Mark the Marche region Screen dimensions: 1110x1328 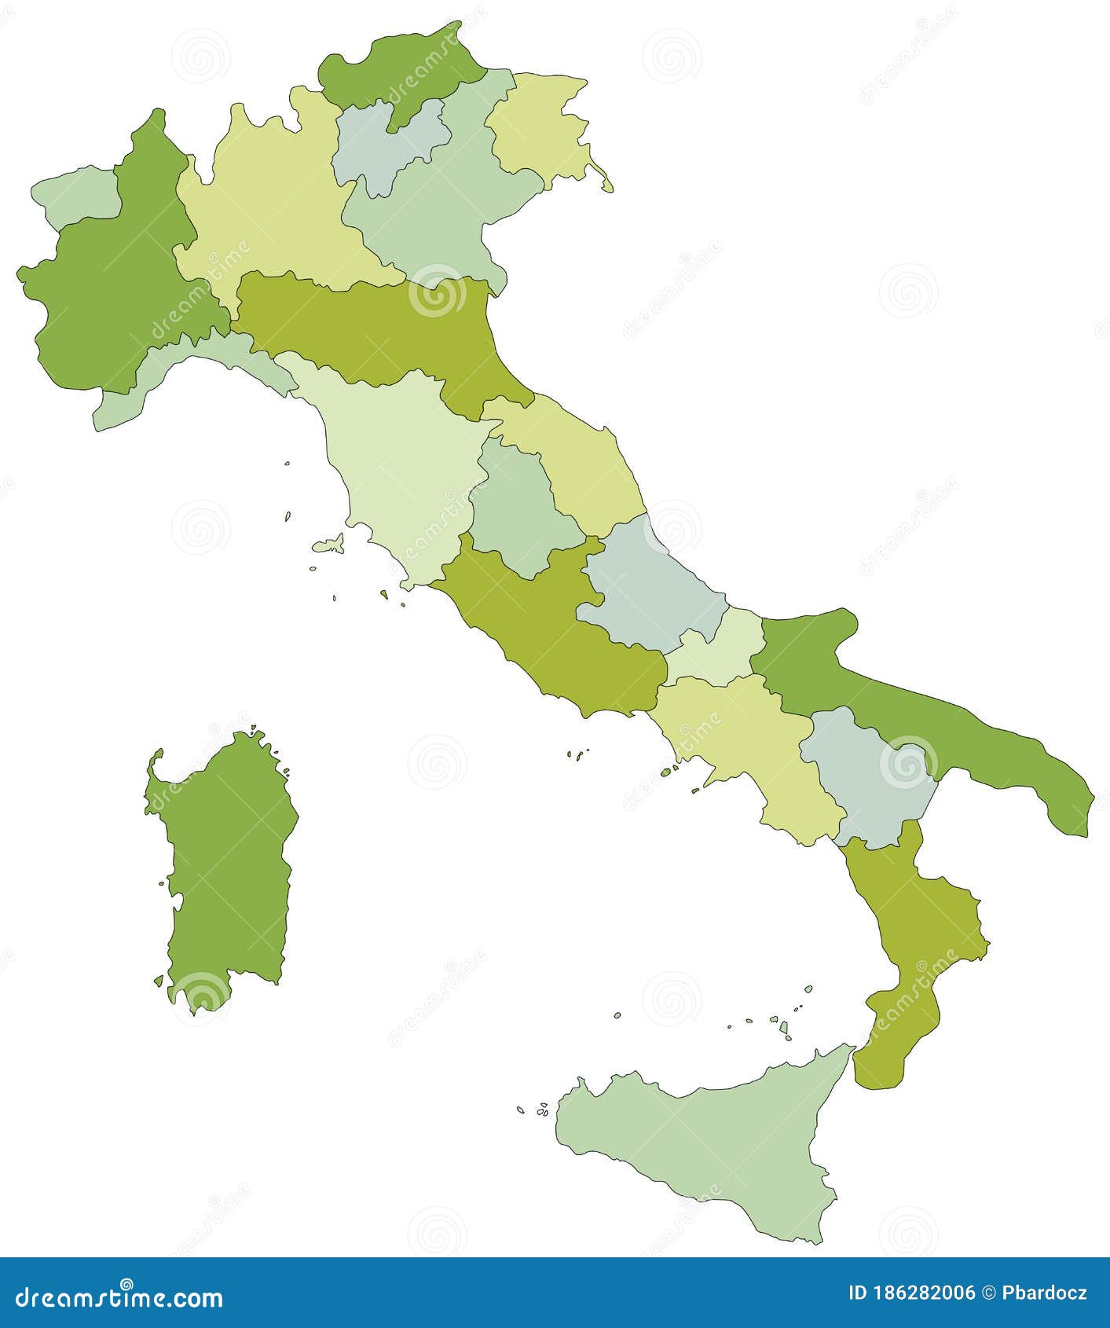(x=581, y=464)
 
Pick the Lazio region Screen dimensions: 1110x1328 (x=550, y=629)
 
